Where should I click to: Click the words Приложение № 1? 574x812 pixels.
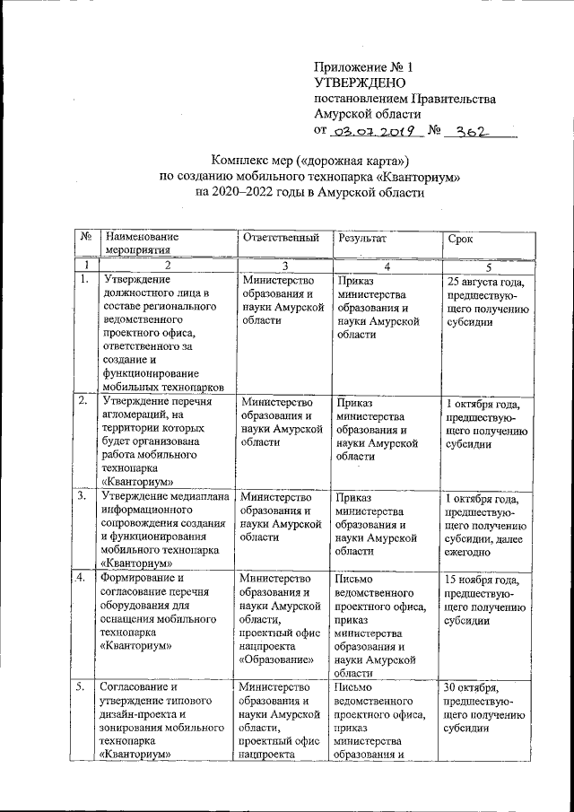(x=364, y=67)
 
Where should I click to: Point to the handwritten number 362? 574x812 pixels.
(x=471, y=132)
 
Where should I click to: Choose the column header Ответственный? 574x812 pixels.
(x=281, y=240)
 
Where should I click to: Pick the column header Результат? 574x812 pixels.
(x=362, y=240)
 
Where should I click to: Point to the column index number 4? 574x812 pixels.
(x=387, y=266)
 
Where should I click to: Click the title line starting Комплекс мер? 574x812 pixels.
(x=309, y=162)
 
